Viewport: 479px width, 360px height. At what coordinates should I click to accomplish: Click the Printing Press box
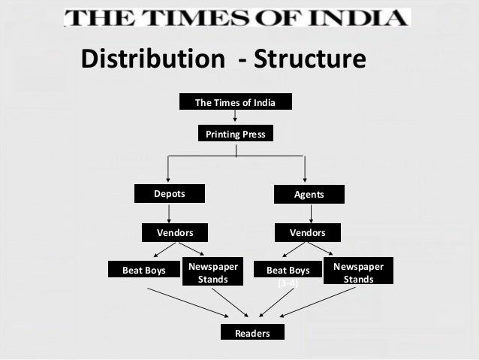click(235, 135)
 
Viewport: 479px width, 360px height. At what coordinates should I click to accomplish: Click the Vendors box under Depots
click(174, 233)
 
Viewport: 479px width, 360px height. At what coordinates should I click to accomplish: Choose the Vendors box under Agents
click(307, 233)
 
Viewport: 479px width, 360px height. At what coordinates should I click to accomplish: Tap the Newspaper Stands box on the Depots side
click(212, 273)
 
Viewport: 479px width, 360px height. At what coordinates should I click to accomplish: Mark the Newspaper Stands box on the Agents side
click(357, 273)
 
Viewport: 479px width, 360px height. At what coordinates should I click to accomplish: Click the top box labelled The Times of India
click(235, 102)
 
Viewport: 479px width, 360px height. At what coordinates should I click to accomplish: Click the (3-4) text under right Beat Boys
click(288, 283)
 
